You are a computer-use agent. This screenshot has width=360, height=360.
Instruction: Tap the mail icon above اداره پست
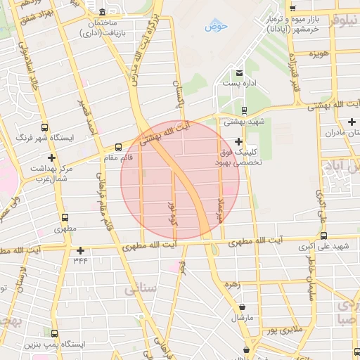tap(239, 73)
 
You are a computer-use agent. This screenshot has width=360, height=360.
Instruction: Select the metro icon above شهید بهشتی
tap(244, 110)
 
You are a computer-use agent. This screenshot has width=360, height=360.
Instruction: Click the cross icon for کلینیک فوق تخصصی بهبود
tap(239, 141)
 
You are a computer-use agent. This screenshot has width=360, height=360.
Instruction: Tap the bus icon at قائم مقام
tap(117, 148)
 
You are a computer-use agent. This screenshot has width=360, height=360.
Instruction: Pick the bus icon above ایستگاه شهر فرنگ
tap(46, 128)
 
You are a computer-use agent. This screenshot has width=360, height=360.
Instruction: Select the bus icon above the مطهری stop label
tap(65, 219)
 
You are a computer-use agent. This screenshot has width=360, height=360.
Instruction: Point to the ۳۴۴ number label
tap(80, 261)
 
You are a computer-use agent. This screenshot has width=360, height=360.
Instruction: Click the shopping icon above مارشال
tap(243, 307)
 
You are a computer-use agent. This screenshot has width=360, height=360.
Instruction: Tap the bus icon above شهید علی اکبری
tap(323, 236)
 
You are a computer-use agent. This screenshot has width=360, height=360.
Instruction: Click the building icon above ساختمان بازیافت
tap(103, 13)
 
